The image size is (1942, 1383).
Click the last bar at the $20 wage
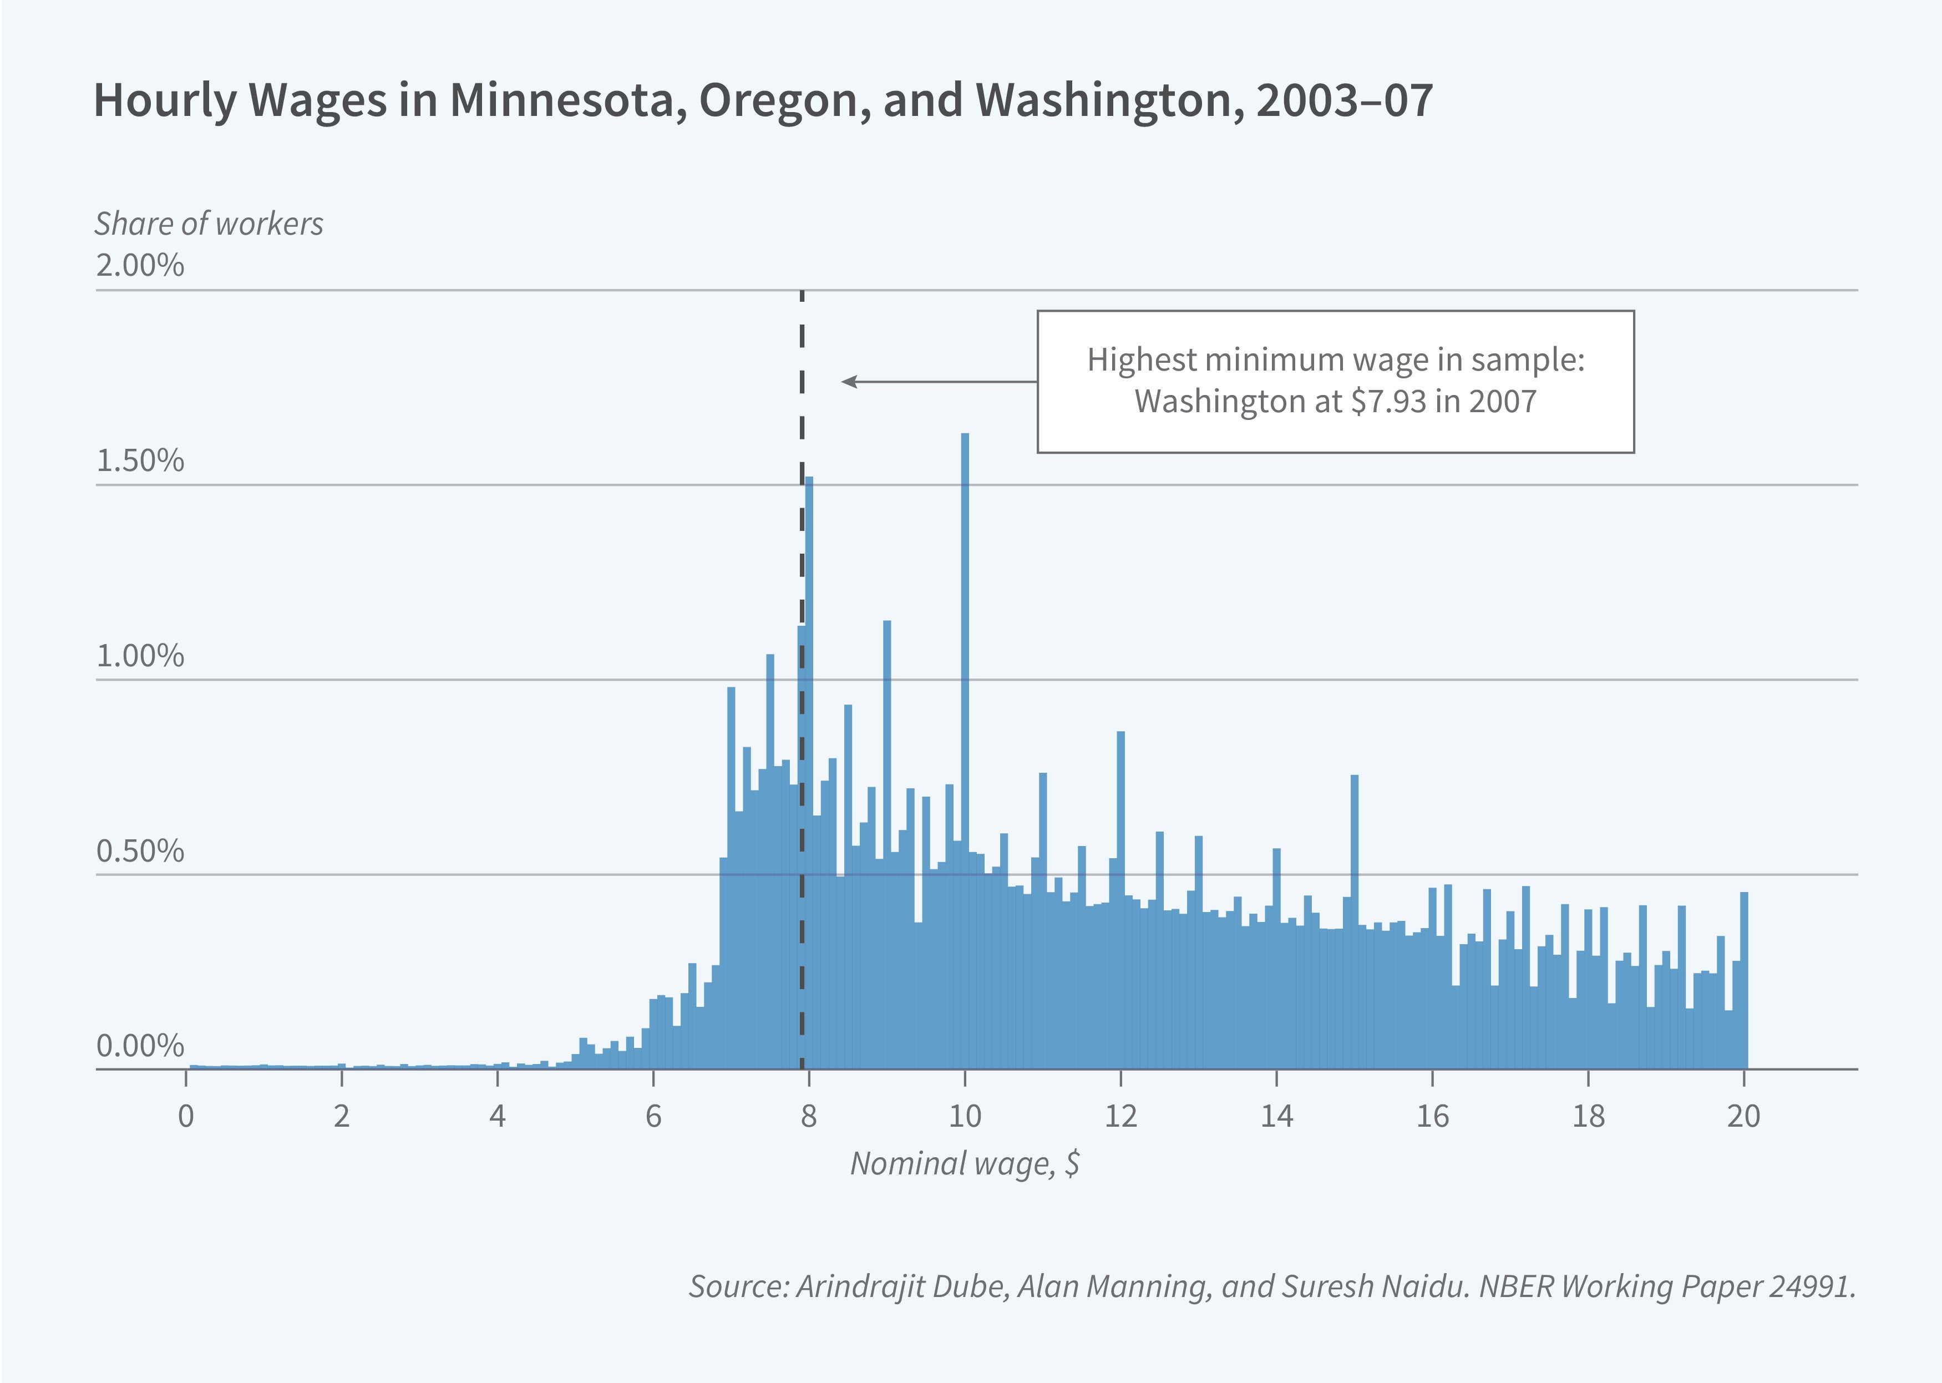[x=1743, y=979]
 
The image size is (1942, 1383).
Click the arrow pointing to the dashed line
[x=936, y=382]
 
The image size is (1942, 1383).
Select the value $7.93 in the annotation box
[x=1388, y=401]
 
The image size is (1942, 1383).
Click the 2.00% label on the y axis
[x=140, y=265]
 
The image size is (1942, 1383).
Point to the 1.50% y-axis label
[x=140, y=460]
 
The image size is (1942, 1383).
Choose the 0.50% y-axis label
[x=140, y=852]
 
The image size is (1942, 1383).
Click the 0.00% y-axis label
[x=140, y=1046]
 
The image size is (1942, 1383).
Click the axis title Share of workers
[x=209, y=223]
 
